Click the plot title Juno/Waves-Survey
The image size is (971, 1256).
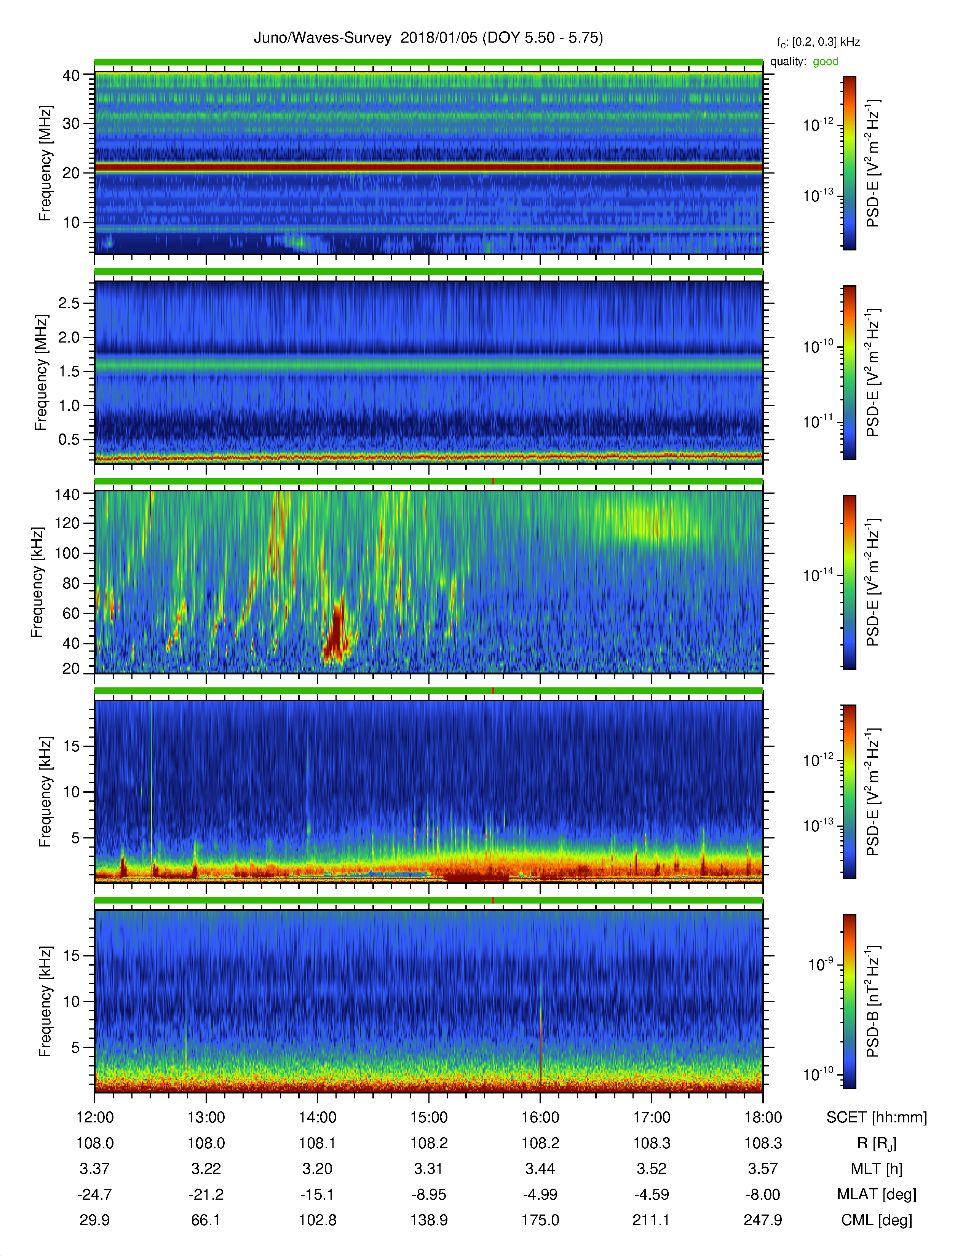[x=322, y=38]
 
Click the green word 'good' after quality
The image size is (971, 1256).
[x=826, y=62]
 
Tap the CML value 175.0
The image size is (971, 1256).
[x=540, y=1220]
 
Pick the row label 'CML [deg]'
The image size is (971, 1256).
[x=877, y=1220]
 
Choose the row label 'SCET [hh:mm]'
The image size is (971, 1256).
[x=877, y=1117]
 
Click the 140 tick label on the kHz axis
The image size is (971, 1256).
[x=67, y=494]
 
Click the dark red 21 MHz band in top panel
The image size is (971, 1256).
[x=428, y=167]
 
